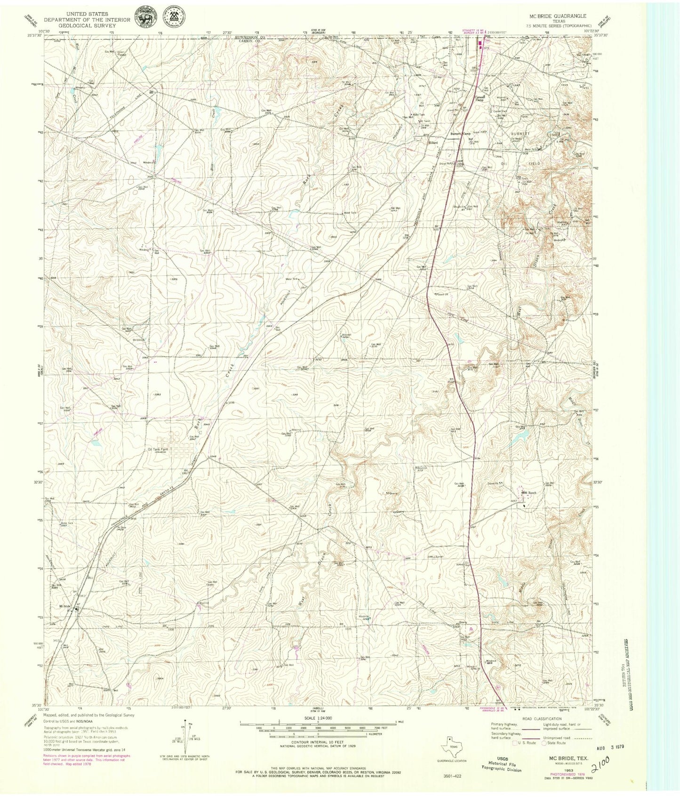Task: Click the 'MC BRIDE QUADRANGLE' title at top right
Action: point(558,16)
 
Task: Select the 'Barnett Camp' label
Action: point(461,134)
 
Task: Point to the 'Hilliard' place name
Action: point(433,142)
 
